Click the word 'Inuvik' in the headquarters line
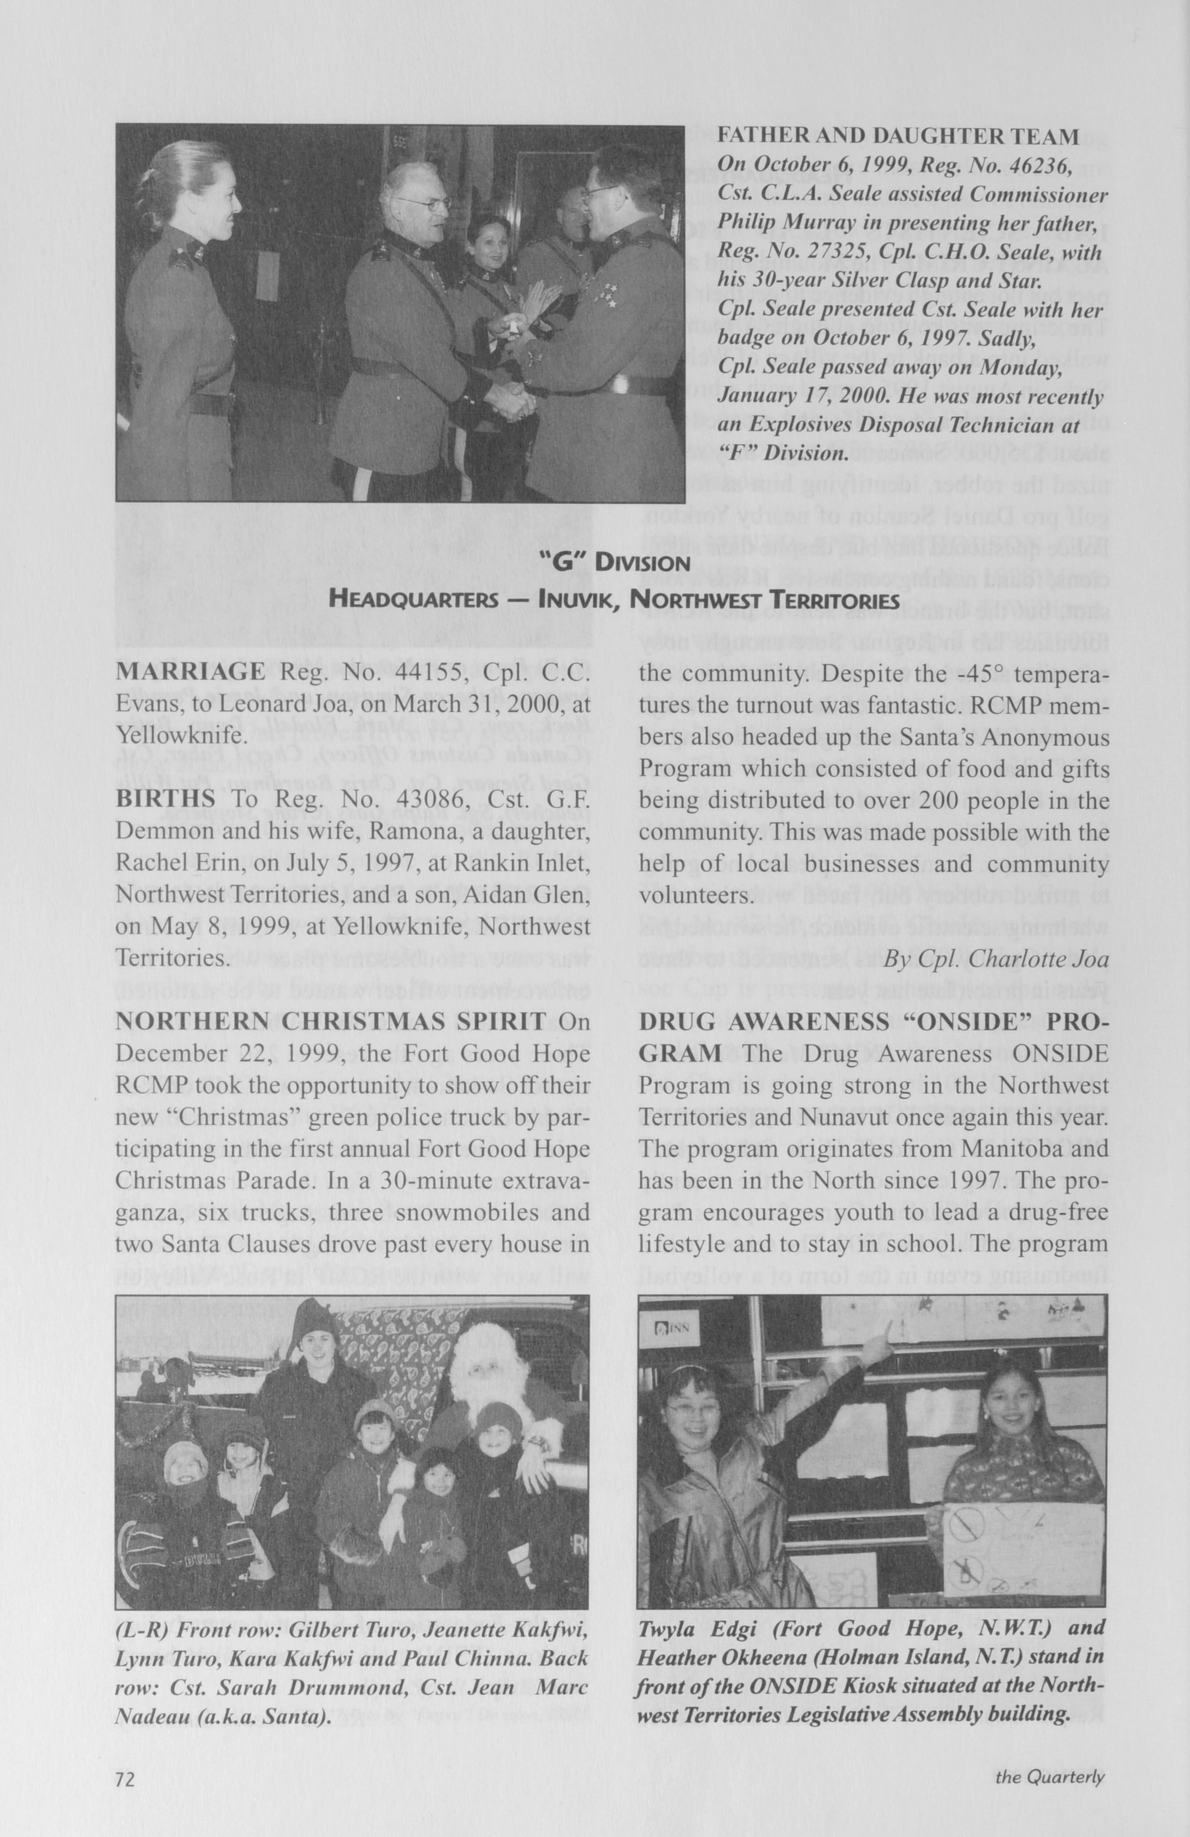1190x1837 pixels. tap(575, 599)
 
